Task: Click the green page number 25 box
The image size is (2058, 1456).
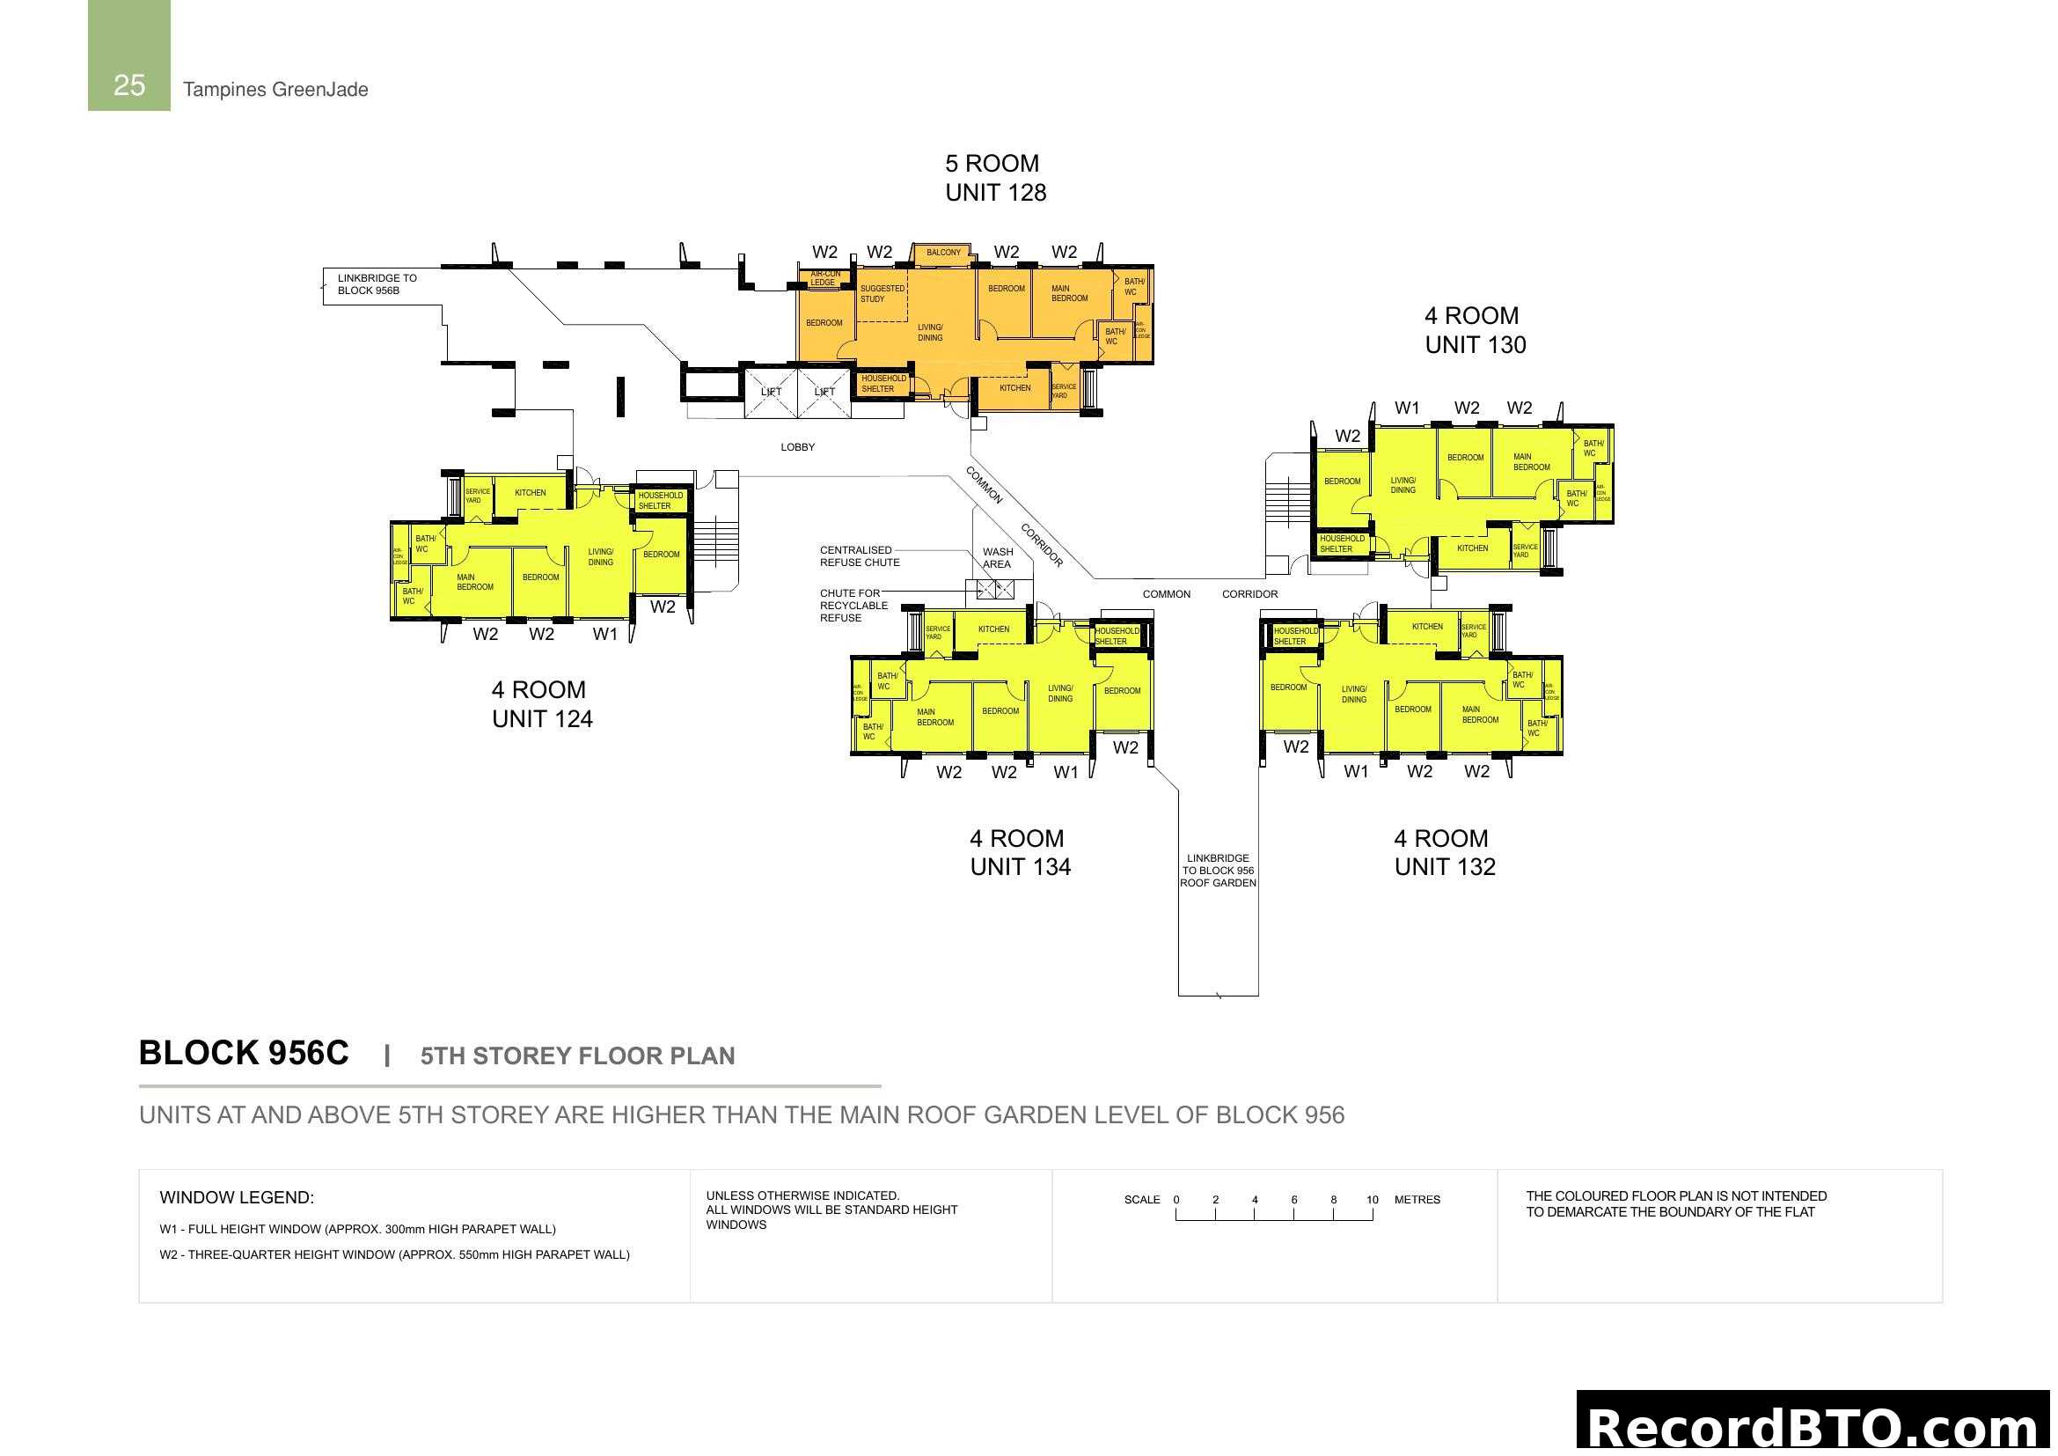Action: coord(128,55)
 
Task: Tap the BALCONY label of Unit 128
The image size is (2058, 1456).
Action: coord(943,253)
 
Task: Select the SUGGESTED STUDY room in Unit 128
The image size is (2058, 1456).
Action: coord(882,294)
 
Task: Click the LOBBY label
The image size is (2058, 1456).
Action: coord(797,447)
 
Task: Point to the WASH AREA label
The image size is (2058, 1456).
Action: coord(997,557)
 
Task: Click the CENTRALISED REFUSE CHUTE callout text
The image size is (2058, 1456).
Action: coord(859,555)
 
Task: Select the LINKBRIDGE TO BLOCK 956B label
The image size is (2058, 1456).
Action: coord(377,284)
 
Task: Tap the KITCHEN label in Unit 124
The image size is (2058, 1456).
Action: coord(530,492)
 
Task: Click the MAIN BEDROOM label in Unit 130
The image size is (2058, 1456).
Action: coord(1531,462)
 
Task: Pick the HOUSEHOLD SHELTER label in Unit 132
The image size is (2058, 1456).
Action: coord(1295,636)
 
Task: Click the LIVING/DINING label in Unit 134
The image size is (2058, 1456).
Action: coord(1059,693)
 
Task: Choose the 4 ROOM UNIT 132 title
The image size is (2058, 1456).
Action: coord(1444,852)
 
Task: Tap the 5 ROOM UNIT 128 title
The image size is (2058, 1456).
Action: coord(995,178)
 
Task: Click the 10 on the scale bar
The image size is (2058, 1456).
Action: coord(1372,1200)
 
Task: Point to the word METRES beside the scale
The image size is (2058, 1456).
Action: coord(1417,1200)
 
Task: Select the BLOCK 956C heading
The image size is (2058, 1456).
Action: coord(244,1053)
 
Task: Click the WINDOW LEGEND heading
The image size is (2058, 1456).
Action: coord(237,1197)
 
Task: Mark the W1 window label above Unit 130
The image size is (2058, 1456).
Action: coord(1406,408)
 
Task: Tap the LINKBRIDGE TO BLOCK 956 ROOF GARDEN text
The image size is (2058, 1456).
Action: coord(1217,871)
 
